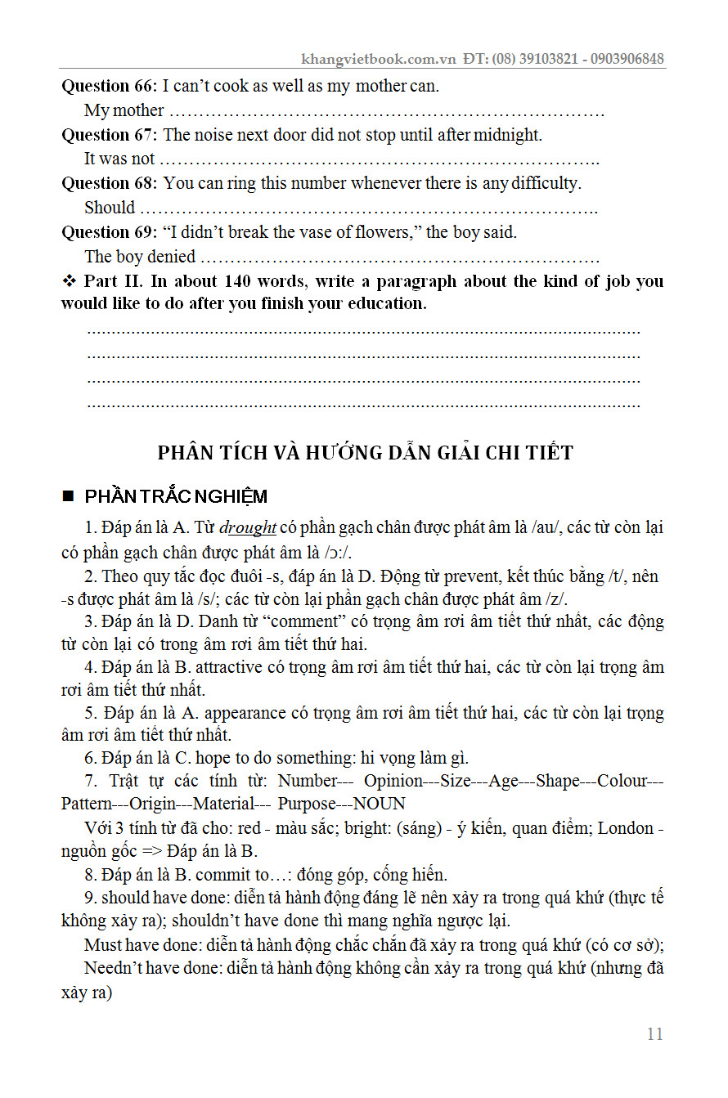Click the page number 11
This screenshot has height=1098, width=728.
pyautogui.click(x=654, y=1034)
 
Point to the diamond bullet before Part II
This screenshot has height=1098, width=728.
pyautogui.click(x=69, y=281)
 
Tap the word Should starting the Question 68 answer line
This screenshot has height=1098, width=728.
pyautogui.click(x=110, y=208)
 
